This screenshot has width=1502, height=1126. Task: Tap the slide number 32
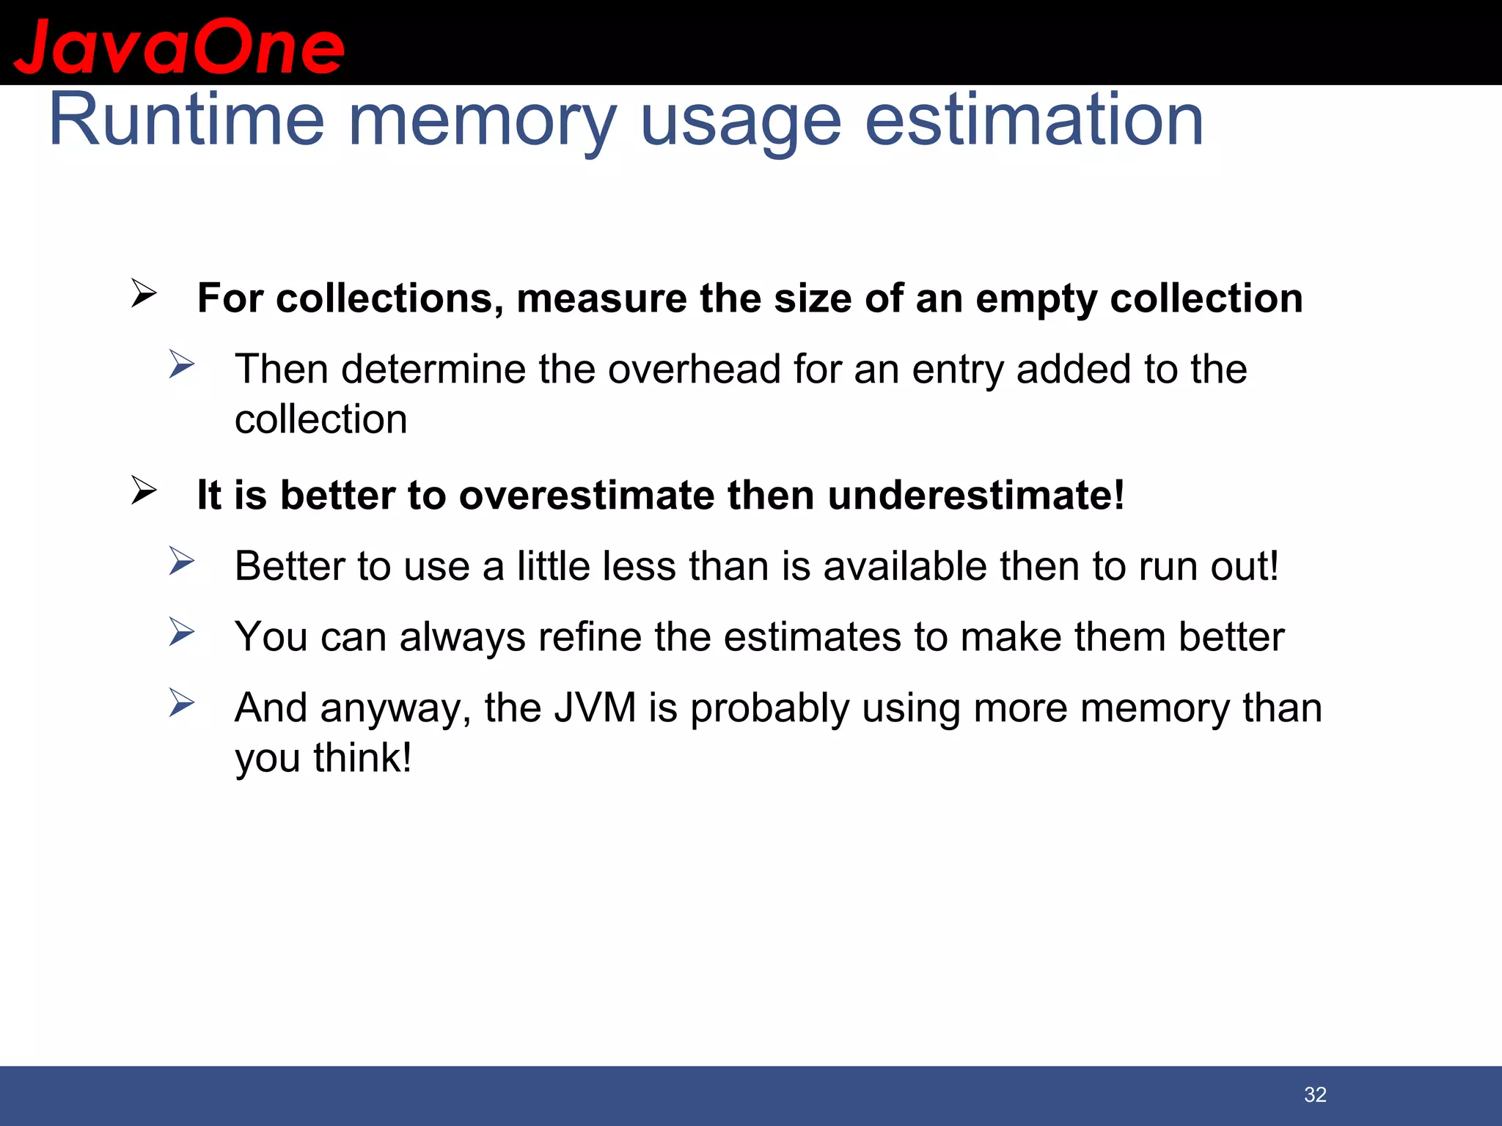coord(1315,1094)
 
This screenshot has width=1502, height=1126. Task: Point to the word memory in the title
coord(482,121)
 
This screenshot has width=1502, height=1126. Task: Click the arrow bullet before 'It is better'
coord(144,490)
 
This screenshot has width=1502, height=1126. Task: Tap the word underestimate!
coord(976,495)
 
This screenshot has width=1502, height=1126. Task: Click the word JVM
coord(595,708)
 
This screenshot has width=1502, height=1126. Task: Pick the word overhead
coord(694,369)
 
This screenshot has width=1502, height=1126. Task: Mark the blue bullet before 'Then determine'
coord(181,364)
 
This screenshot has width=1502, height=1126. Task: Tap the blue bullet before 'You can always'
coord(181,632)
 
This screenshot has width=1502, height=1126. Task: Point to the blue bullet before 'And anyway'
coord(181,703)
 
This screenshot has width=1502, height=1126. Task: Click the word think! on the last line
coord(362,758)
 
